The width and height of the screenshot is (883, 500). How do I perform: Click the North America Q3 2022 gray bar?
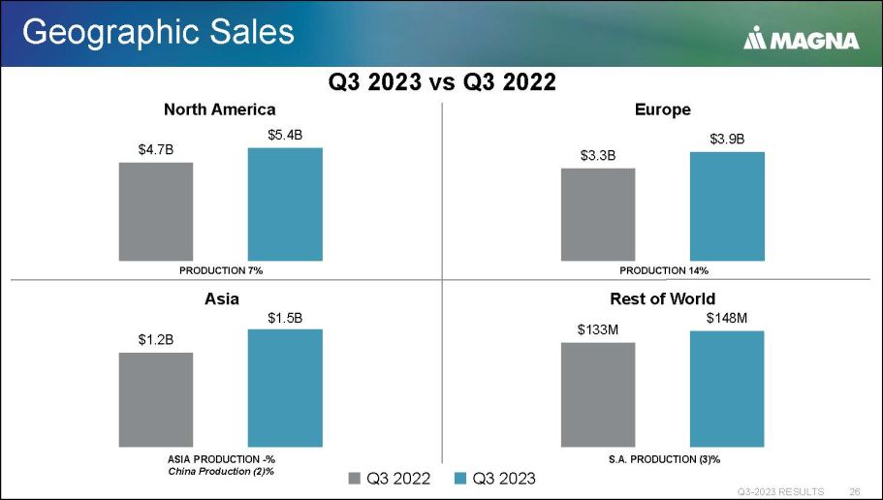tap(156, 211)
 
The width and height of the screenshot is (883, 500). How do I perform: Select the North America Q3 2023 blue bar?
tap(285, 204)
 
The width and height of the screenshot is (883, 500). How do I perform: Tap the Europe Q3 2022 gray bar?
tap(598, 214)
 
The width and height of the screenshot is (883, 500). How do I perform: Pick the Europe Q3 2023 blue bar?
tap(727, 206)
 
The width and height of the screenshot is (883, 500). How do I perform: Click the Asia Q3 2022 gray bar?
tap(156, 399)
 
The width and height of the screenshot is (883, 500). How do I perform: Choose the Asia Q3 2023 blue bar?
tap(285, 388)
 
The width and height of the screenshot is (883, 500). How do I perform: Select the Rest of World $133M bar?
tap(598, 394)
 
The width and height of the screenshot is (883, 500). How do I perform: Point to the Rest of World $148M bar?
tap(727, 389)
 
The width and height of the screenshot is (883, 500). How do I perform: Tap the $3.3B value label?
tap(598, 155)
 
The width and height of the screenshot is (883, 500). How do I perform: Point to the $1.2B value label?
tap(156, 339)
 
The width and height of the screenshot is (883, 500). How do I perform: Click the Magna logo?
tap(802, 40)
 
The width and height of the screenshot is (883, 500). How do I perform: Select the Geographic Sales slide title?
tap(158, 32)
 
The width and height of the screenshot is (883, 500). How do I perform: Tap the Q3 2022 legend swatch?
tap(354, 478)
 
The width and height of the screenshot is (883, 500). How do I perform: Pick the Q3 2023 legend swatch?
tap(460, 478)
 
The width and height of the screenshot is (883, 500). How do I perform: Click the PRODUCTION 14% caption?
tap(664, 269)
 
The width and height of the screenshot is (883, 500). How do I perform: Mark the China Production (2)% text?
tap(220, 470)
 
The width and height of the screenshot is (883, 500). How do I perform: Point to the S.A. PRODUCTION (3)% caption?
tap(664, 457)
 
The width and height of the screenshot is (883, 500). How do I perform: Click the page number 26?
tap(855, 489)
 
